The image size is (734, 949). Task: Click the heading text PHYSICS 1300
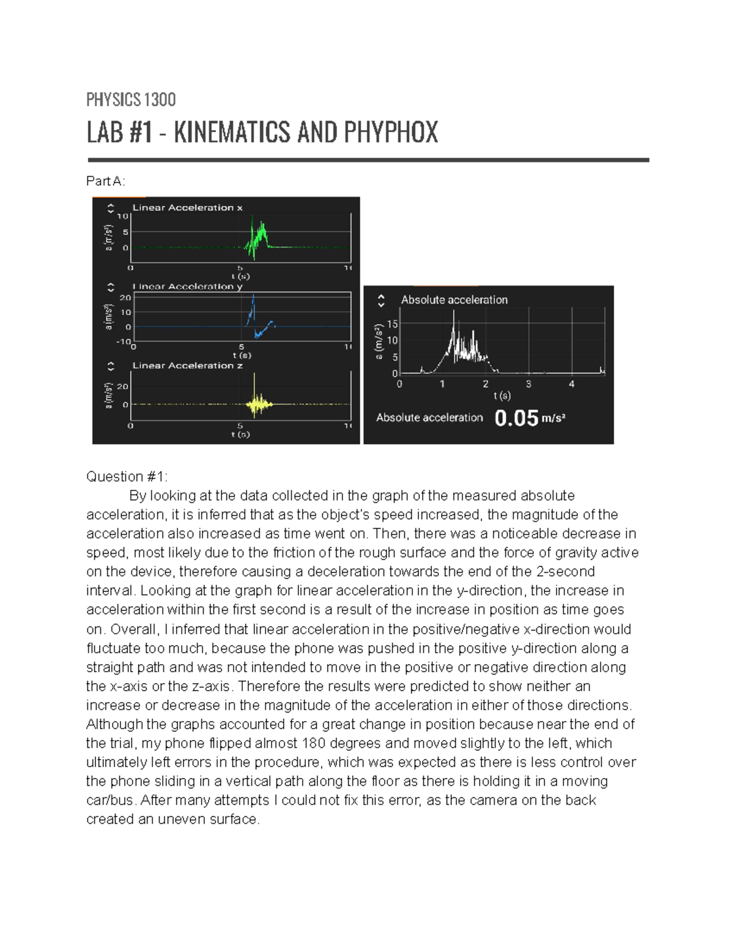(x=131, y=100)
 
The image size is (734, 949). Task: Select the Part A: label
(x=106, y=181)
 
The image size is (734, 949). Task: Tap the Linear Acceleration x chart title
(x=187, y=208)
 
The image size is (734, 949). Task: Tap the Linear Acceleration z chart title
(x=187, y=365)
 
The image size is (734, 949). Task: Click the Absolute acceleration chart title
(x=454, y=300)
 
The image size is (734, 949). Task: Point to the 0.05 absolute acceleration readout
(x=516, y=419)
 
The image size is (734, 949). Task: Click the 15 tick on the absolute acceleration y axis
(x=392, y=324)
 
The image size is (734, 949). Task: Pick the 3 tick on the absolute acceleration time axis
(x=528, y=384)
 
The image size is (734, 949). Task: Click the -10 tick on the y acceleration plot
(x=124, y=341)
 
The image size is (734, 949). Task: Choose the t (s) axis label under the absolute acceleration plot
(x=502, y=395)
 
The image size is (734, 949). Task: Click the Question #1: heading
(x=127, y=477)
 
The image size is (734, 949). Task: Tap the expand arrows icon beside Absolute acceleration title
(x=381, y=300)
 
